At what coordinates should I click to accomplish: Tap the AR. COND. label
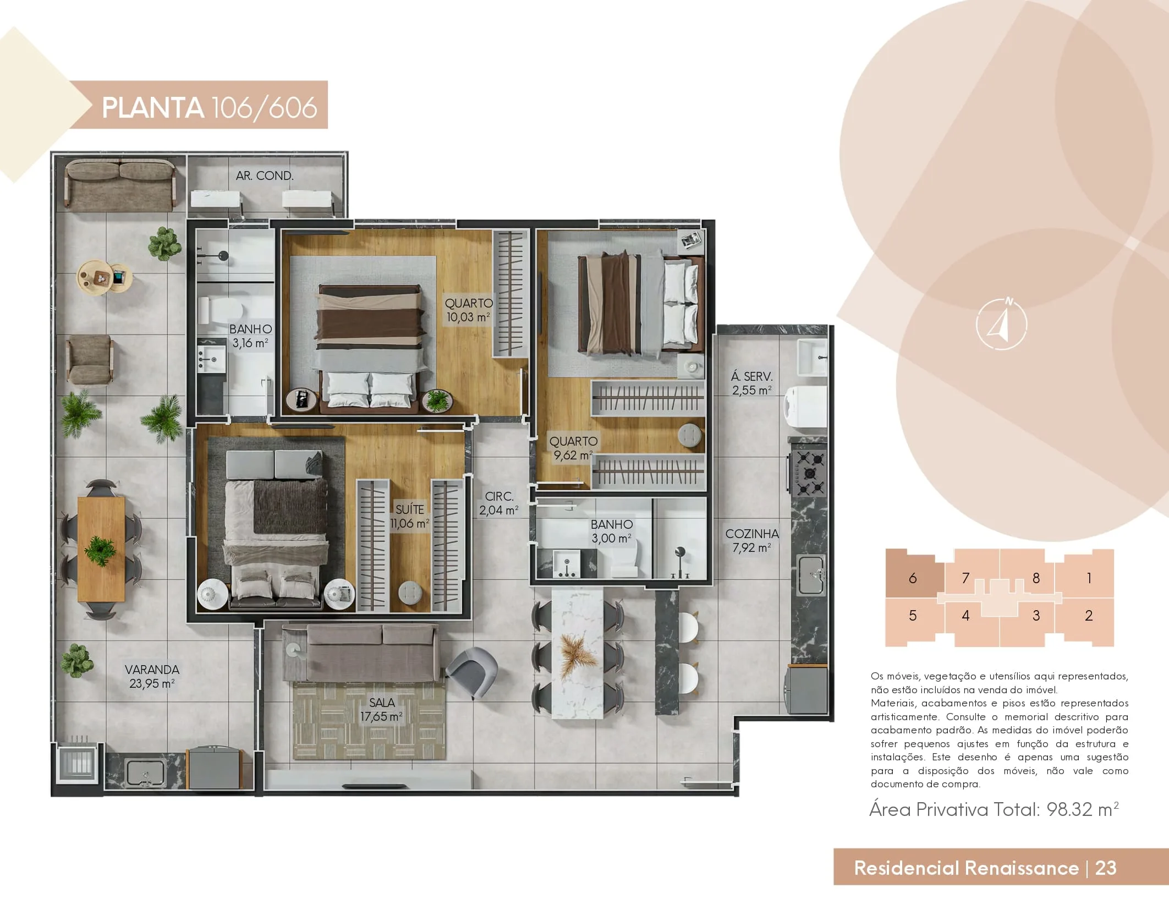265,176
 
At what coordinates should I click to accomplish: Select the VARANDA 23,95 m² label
152,676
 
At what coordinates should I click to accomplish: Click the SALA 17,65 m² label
382,709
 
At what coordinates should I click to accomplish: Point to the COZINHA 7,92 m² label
752,540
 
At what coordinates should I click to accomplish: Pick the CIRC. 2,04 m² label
499,503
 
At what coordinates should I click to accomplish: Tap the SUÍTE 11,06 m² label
410,516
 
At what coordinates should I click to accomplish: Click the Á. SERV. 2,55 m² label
751,383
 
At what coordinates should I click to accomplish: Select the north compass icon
1001,324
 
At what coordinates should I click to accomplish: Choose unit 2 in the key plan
1088,621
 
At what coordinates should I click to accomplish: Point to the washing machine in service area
806,406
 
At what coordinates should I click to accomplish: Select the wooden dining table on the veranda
101,549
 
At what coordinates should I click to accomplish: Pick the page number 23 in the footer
1106,868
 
